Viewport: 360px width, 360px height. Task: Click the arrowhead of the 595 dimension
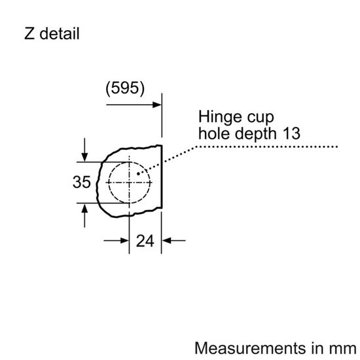click(157, 103)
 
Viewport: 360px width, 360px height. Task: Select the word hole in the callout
click(213, 135)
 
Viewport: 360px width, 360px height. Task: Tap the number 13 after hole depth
click(291, 134)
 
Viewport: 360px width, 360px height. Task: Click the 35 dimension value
click(81, 183)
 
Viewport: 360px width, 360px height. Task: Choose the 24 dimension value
click(145, 241)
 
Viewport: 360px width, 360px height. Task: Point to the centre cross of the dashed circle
click(130, 182)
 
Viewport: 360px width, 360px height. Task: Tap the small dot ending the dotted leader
click(138, 173)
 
